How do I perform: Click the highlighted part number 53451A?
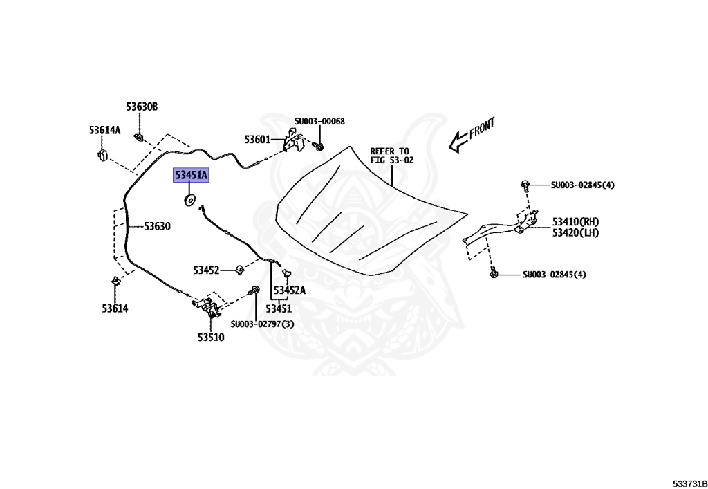click(x=190, y=176)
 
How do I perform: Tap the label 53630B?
click(x=142, y=107)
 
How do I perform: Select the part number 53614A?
click(x=104, y=130)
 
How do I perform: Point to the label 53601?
click(x=257, y=140)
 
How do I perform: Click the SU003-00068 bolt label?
click(x=319, y=122)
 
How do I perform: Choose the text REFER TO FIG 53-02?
click(x=391, y=156)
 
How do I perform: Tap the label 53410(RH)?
click(x=575, y=222)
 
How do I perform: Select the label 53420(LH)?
click(x=575, y=232)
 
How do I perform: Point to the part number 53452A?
click(x=290, y=290)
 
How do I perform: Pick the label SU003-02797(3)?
click(x=262, y=324)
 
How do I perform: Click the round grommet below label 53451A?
click(x=189, y=201)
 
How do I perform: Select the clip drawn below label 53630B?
click(x=139, y=136)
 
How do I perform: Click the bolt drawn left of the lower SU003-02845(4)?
click(x=494, y=275)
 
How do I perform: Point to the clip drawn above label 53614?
click(x=115, y=283)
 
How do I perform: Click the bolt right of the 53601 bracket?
click(x=318, y=147)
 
